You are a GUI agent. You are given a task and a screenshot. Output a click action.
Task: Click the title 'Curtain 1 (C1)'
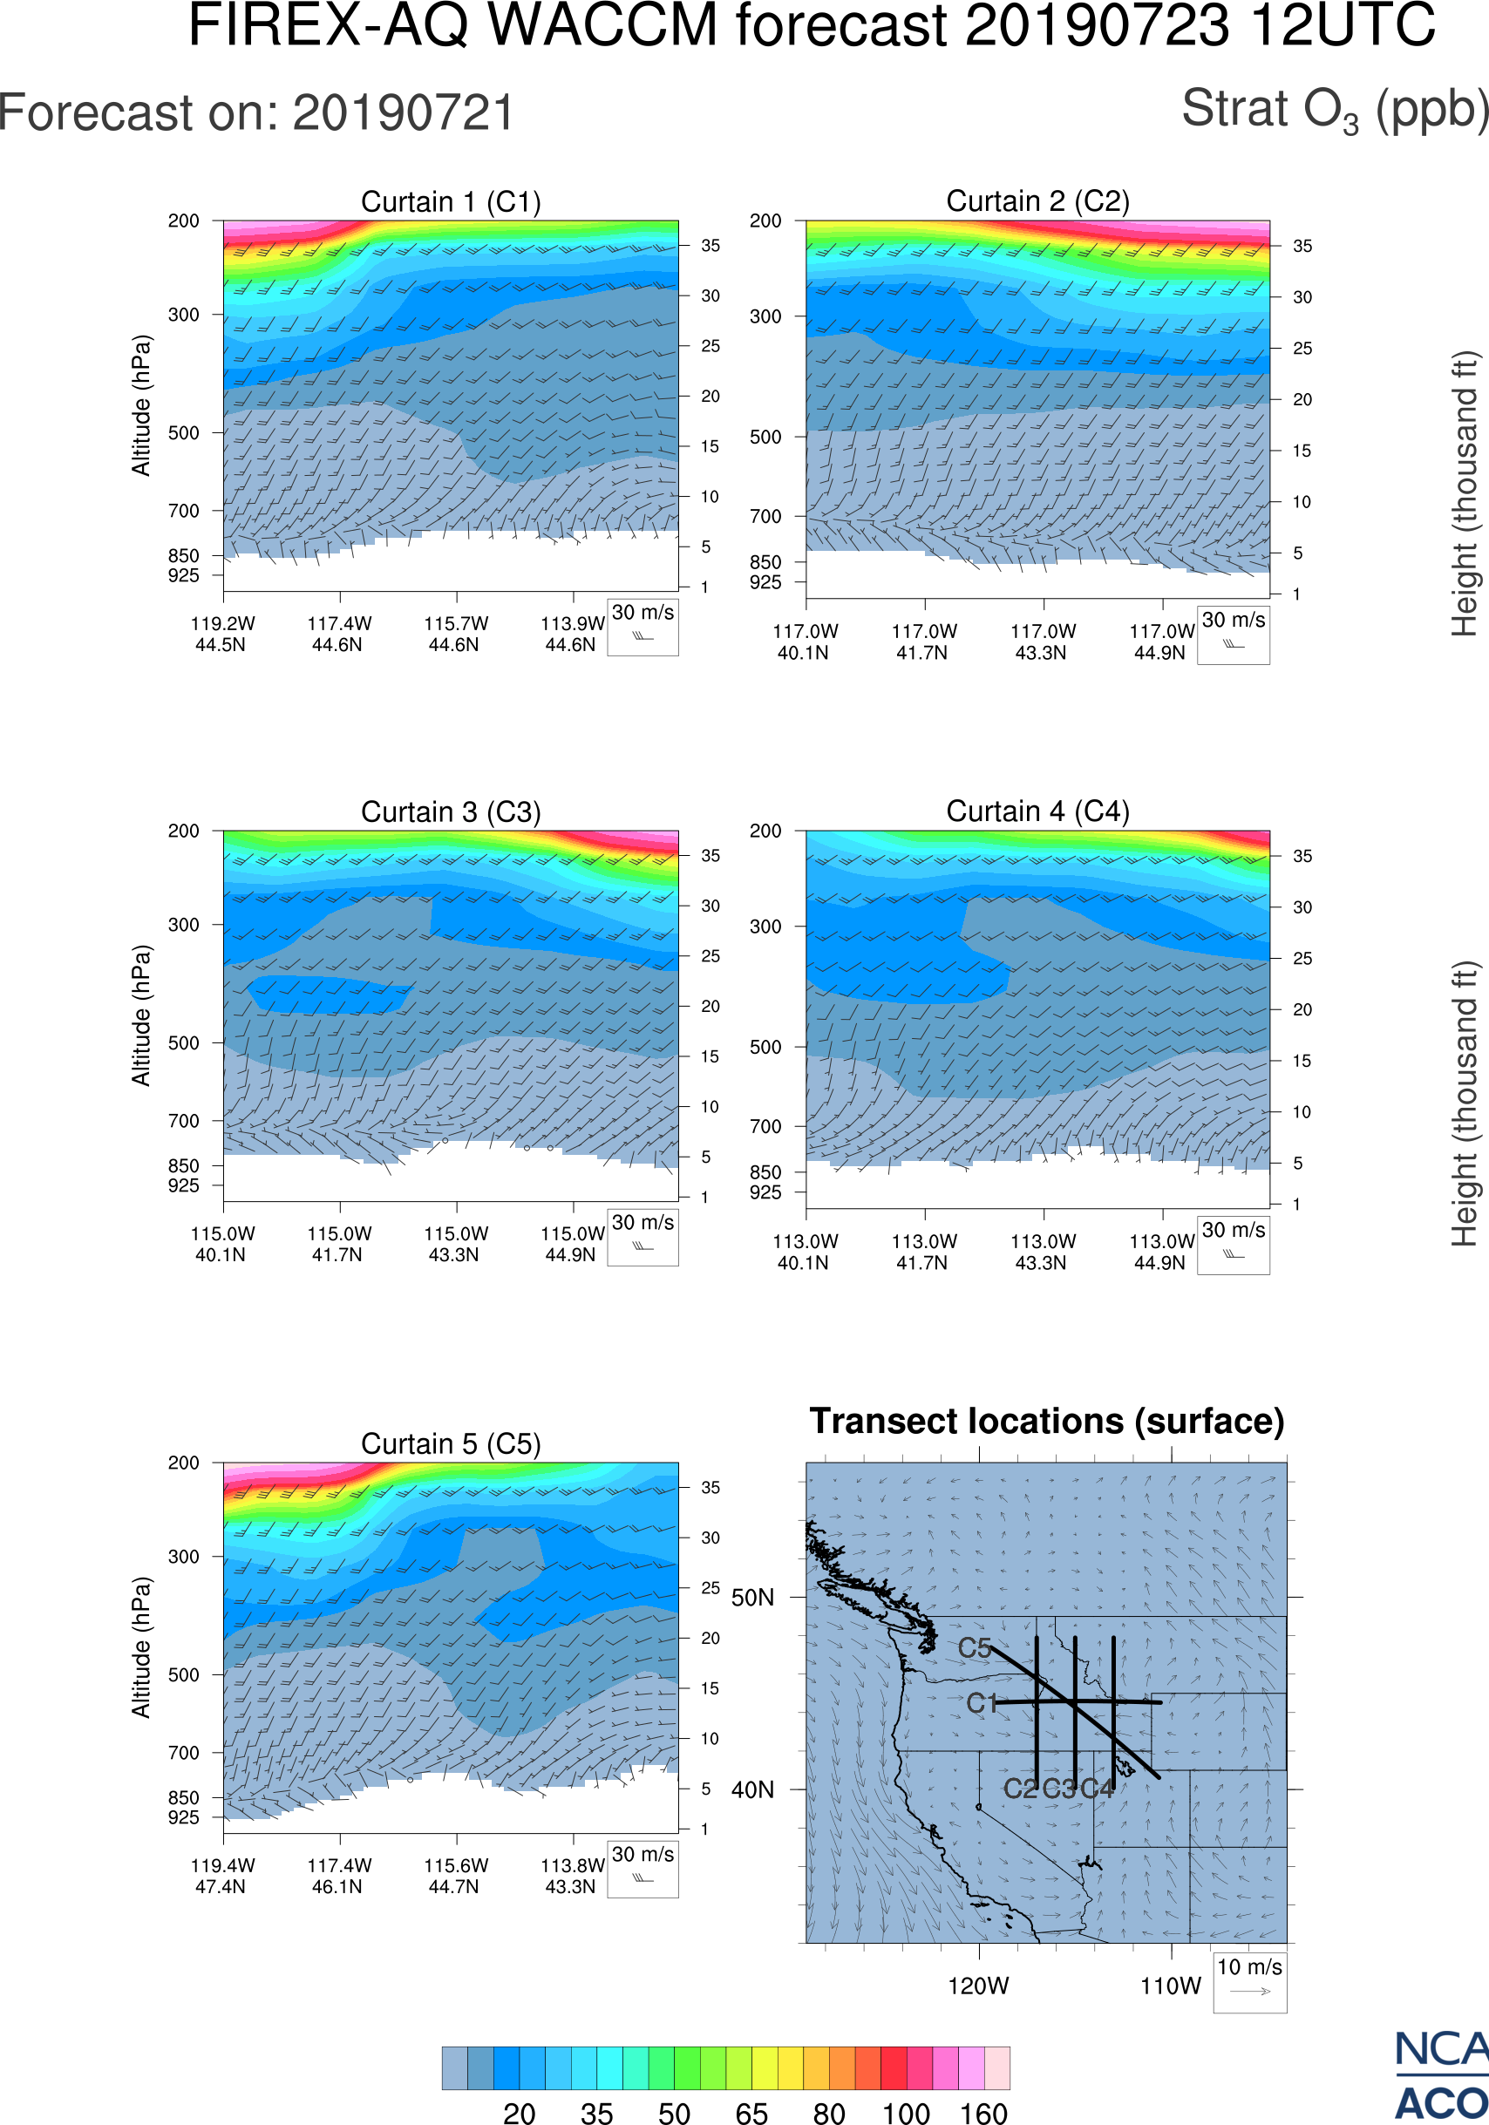tap(451, 201)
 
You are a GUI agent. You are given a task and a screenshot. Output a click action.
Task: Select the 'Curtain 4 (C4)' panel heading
tap(1037, 811)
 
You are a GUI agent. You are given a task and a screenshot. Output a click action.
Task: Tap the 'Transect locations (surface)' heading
tap(1047, 1421)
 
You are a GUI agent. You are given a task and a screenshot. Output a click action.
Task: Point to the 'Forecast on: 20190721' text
tap(256, 113)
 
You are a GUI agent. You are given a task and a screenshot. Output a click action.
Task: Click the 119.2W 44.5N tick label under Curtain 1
tap(222, 634)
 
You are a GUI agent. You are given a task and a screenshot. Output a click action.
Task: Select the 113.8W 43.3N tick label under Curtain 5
tap(572, 1876)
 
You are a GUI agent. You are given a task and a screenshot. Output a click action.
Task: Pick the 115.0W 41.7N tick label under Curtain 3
tap(339, 1244)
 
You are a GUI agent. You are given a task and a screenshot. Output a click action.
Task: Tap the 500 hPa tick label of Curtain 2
tap(765, 437)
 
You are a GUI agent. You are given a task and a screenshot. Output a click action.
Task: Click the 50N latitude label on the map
tap(752, 1598)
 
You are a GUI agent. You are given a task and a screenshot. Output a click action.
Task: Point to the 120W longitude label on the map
tap(978, 1986)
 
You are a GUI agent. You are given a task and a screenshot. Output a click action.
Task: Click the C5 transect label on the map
tap(975, 1647)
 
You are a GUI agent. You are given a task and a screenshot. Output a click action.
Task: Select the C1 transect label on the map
tap(981, 1703)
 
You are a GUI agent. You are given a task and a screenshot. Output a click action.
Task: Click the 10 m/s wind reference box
tap(1249, 1980)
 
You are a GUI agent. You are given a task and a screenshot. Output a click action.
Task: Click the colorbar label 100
tap(905, 2112)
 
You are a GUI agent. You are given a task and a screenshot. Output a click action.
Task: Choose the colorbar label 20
tap(520, 2112)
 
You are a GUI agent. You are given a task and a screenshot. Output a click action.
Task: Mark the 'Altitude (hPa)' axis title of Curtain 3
tap(140, 1015)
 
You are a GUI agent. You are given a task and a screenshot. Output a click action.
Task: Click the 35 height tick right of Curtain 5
tap(710, 1487)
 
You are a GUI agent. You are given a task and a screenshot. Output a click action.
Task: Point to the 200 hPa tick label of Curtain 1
tap(183, 221)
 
